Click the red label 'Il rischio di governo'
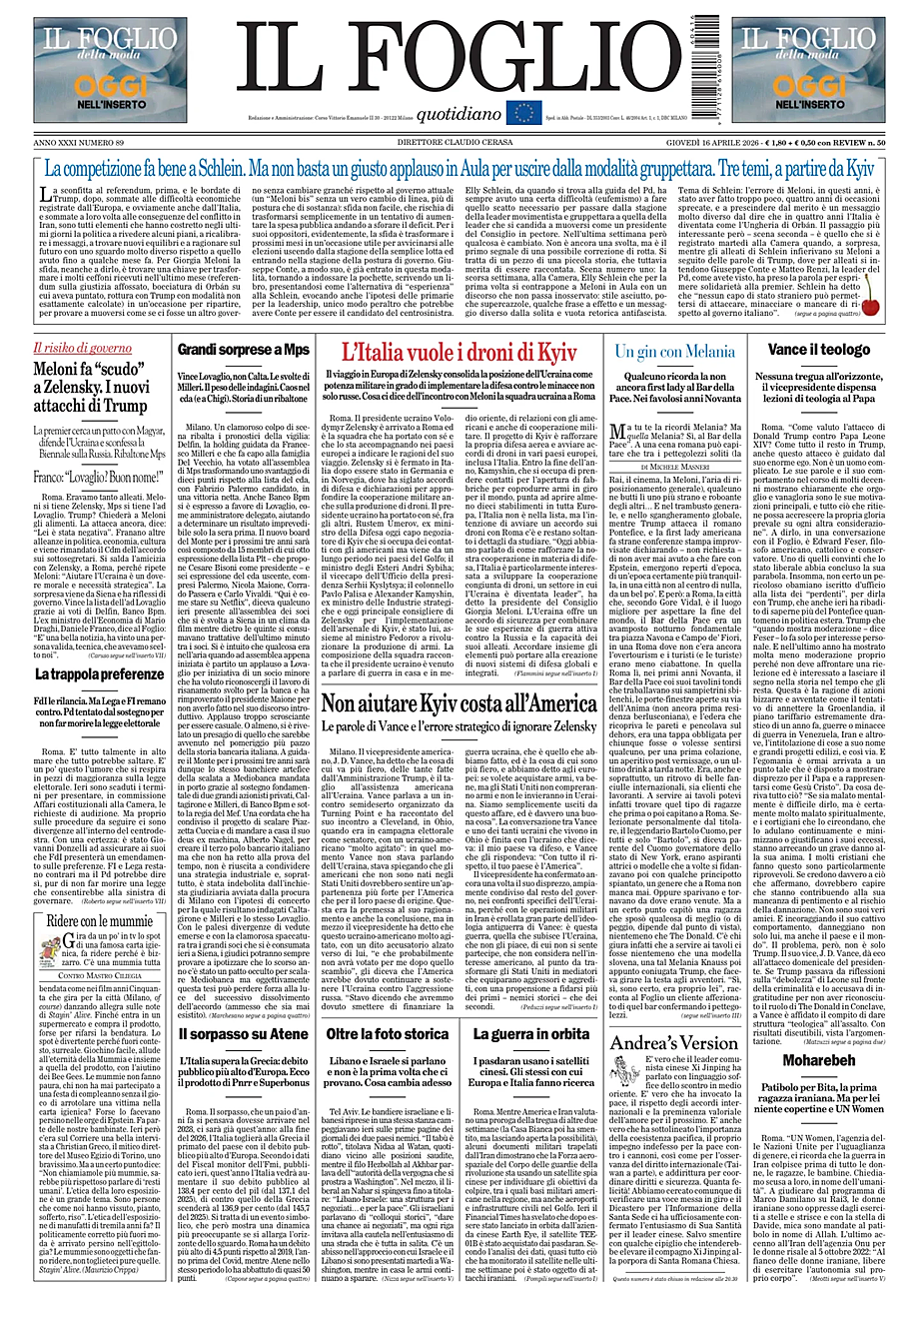[x=82, y=349]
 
